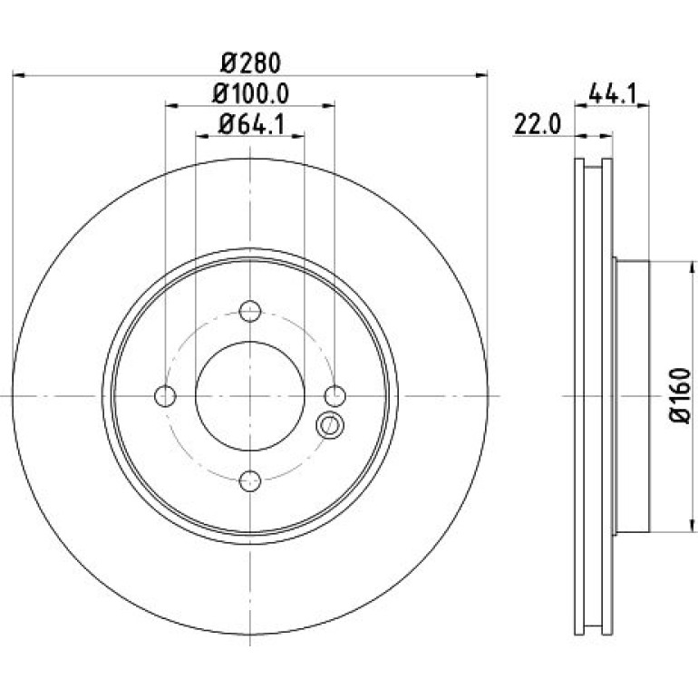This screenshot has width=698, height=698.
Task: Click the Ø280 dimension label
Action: [x=250, y=63]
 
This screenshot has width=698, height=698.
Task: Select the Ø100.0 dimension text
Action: [x=250, y=93]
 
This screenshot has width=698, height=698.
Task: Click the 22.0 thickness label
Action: [x=538, y=124]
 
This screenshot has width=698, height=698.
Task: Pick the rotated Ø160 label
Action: [x=679, y=395]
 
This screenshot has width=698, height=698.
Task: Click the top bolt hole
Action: [x=249, y=311]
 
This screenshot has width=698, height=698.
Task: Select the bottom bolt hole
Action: [x=249, y=480]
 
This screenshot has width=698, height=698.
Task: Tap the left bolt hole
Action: [x=165, y=396]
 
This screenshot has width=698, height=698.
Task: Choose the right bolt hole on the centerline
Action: [x=334, y=396]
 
